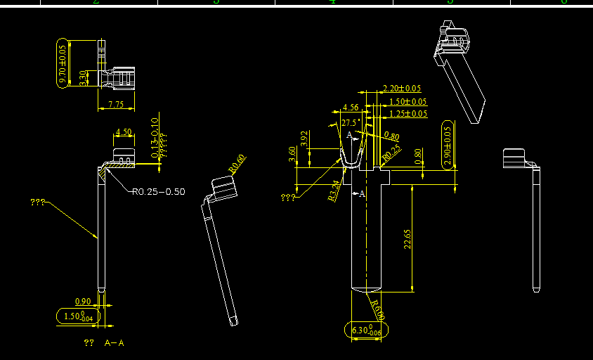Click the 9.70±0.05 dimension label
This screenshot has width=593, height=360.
(63, 65)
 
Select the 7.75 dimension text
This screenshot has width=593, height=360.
(116, 105)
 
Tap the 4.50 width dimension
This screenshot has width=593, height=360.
(124, 131)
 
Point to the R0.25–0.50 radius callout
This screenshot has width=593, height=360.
(158, 191)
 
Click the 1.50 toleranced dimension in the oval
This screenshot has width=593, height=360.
(77, 316)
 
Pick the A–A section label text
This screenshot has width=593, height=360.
(114, 343)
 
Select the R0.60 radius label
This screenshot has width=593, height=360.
(237, 163)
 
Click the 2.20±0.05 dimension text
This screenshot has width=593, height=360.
(401, 89)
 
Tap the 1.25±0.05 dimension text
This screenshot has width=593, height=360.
(408, 113)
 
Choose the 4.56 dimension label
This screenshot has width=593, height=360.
(350, 108)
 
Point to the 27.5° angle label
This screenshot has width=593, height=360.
(350, 122)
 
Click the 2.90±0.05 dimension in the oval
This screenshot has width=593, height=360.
(448, 145)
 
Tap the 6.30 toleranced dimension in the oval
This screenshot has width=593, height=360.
(365, 330)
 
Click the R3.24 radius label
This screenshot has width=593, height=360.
(334, 191)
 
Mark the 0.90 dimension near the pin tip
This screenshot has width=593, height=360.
(82, 302)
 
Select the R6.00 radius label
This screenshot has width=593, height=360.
(378, 308)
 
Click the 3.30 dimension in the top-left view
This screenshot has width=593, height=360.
(83, 77)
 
